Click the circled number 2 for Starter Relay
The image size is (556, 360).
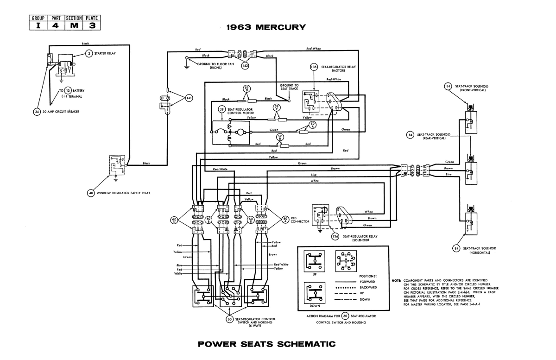point(89,54)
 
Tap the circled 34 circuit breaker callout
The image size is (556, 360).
point(37,112)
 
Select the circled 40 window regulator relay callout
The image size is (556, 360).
point(91,192)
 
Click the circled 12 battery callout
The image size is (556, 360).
point(68,91)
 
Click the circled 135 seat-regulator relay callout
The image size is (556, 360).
point(314,67)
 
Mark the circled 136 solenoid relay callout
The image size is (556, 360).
point(335,236)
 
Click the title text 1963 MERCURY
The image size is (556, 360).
point(266,27)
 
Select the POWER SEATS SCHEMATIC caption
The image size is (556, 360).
point(266,344)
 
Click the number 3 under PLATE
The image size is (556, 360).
point(92,26)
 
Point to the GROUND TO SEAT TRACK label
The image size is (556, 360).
point(289,87)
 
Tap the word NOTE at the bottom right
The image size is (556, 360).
point(396,281)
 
